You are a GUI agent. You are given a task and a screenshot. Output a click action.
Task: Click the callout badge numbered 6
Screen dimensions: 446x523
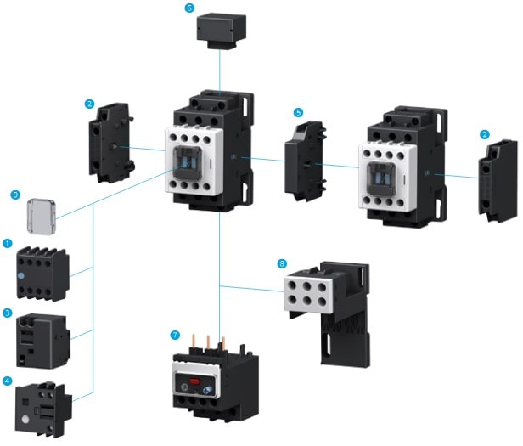point(189,8)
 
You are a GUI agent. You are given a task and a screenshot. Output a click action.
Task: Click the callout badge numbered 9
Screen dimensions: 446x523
point(15,195)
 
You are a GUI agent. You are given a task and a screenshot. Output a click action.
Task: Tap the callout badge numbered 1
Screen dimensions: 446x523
point(8,244)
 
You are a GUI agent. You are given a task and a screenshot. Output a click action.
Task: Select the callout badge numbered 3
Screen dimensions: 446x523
point(8,314)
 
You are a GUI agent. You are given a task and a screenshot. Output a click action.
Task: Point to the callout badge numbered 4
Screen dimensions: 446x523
point(8,380)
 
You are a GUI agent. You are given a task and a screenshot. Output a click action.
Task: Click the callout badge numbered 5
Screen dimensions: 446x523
point(298,111)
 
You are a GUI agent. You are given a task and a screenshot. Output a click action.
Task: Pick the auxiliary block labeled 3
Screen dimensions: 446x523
point(42,339)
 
